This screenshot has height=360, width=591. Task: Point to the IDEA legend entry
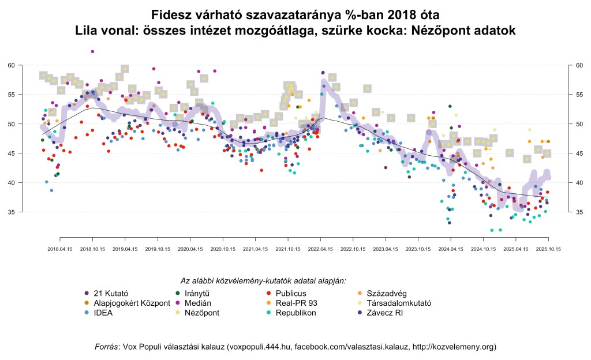pos(100,313)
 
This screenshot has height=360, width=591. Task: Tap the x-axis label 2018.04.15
pos(60,249)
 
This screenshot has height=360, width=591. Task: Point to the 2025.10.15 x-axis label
pos(549,249)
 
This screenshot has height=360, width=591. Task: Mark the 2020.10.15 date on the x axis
pos(223,249)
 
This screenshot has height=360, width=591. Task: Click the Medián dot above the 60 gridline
pos(92,51)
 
